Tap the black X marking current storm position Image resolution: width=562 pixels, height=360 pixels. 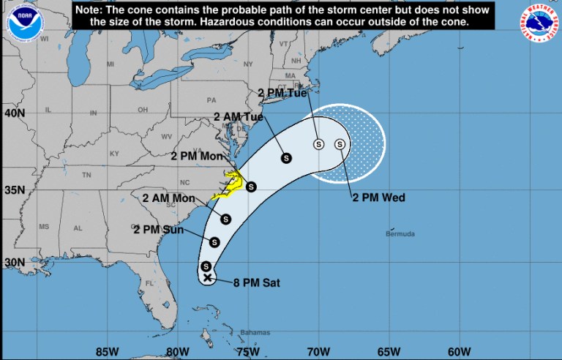pos(207,277)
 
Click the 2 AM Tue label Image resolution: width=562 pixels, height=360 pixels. pos(238,116)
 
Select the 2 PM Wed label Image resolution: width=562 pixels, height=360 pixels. pos(378,197)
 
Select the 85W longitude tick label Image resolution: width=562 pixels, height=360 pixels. pos(107,349)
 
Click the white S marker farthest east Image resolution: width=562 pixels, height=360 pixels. pos(340,144)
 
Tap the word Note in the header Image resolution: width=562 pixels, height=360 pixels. pos(91,10)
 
